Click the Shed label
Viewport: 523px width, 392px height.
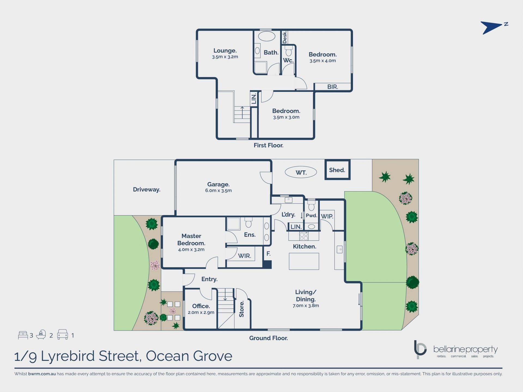click(x=337, y=170)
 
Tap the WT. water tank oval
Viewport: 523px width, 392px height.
click(x=301, y=172)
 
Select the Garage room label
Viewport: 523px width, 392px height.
click(x=218, y=185)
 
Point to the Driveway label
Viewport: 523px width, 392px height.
click(x=147, y=189)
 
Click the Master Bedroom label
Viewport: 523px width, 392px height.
click(x=191, y=240)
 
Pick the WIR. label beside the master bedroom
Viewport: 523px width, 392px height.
click(x=244, y=256)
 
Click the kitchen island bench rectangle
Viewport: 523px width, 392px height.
click(x=304, y=261)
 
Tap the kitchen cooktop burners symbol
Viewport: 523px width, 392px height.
click(x=304, y=236)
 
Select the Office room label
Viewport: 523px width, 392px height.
click(x=201, y=306)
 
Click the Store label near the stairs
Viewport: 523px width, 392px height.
click(x=242, y=309)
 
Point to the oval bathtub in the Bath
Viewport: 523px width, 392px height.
click(x=266, y=36)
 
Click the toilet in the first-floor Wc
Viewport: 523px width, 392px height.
click(x=288, y=51)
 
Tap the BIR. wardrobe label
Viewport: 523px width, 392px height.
click(x=333, y=87)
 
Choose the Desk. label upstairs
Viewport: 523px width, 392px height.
click(x=285, y=37)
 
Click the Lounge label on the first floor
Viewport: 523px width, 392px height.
click(x=225, y=51)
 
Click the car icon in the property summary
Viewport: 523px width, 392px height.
click(x=62, y=335)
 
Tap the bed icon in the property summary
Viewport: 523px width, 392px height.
click(x=23, y=335)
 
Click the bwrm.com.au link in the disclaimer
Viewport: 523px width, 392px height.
click(x=42, y=374)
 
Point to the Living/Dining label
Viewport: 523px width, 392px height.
click(x=306, y=296)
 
